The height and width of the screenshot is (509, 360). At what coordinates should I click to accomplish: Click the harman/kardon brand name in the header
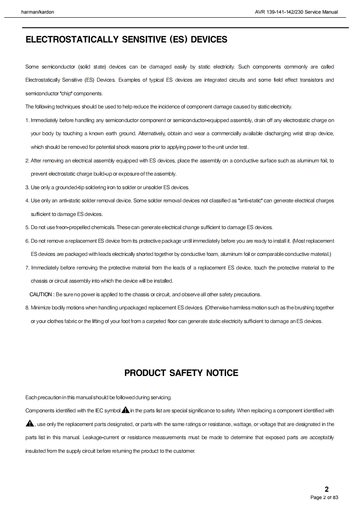38,12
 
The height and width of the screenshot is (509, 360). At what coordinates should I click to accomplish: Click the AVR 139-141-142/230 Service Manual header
297,12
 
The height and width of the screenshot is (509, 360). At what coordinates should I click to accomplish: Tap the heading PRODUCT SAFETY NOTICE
181,373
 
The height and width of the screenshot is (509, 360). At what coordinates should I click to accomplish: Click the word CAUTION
41,294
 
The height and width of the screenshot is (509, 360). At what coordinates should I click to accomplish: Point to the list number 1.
27,120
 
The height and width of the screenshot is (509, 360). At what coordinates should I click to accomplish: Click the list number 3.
27,187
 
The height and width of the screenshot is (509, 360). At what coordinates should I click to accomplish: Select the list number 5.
27,227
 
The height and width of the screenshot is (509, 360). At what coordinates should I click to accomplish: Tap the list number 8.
27,308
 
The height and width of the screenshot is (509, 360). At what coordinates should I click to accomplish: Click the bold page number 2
326,489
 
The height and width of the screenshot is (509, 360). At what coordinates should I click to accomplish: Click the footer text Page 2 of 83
324,498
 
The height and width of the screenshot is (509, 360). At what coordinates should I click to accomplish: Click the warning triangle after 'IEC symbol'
125,410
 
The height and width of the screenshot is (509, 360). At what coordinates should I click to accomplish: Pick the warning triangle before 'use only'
30,424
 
